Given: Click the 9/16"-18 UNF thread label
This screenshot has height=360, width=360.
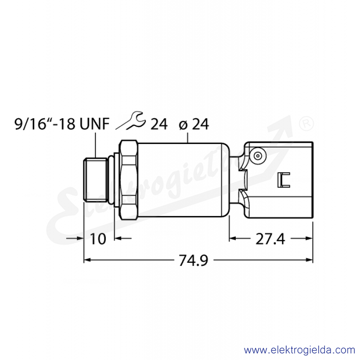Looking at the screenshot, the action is [x=62, y=124].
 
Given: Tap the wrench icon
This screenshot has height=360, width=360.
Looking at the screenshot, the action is [x=130, y=120].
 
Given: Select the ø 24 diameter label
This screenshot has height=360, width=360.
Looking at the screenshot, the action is [x=194, y=124].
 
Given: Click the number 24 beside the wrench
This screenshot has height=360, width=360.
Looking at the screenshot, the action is [x=159, y=124].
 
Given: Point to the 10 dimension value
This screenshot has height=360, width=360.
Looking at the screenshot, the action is [x=98, y=239].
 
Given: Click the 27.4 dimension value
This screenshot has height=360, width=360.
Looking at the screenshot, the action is [x=270, y=239].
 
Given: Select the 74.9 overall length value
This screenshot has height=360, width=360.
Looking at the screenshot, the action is [x=193, y=261].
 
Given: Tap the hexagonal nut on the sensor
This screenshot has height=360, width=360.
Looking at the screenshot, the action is [x=128, y=180].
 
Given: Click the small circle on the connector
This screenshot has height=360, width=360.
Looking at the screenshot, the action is [x=258, y=156].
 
